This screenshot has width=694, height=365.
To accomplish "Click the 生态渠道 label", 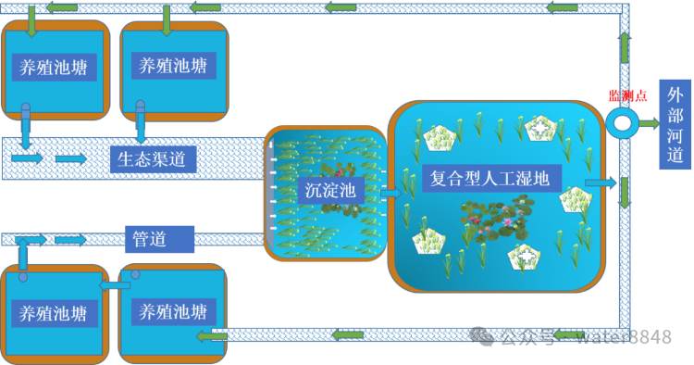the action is (x=153, y=159).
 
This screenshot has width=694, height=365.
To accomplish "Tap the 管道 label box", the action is (x=159, y=239).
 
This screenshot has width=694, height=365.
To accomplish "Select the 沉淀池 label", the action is (x=330, y=191).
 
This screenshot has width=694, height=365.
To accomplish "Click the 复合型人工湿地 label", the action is (x=491, y=179).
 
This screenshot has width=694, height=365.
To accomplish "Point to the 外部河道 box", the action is (x=675, y=124).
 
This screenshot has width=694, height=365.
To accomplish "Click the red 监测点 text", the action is (x=627, y=95).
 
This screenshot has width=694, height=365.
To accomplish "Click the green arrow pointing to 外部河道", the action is (x=650, y=123).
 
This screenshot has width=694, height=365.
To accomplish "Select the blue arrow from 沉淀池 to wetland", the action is (x=390, y=193).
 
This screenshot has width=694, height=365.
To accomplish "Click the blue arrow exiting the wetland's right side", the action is (x=601, y=182).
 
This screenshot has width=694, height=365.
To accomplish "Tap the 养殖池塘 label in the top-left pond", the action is (x=54, y=68).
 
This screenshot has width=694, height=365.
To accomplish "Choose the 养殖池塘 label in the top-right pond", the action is (x=174, y=66).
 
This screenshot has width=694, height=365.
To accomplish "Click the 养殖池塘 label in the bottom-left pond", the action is (x=54, y=314).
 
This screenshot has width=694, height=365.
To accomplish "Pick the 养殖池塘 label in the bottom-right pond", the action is (x=174, y=312).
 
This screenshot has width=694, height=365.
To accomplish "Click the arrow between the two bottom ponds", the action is (x=114, y=285).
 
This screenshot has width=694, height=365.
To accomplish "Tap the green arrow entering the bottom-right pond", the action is (x=212, y=336).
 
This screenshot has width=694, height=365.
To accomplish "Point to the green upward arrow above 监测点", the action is (x=624, y=47).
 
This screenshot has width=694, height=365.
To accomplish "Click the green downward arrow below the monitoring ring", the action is (x=624, y=193).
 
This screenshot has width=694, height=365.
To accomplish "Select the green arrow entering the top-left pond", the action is (x=31, y=21).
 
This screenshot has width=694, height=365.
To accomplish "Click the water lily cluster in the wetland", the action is (x=496, y=220).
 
